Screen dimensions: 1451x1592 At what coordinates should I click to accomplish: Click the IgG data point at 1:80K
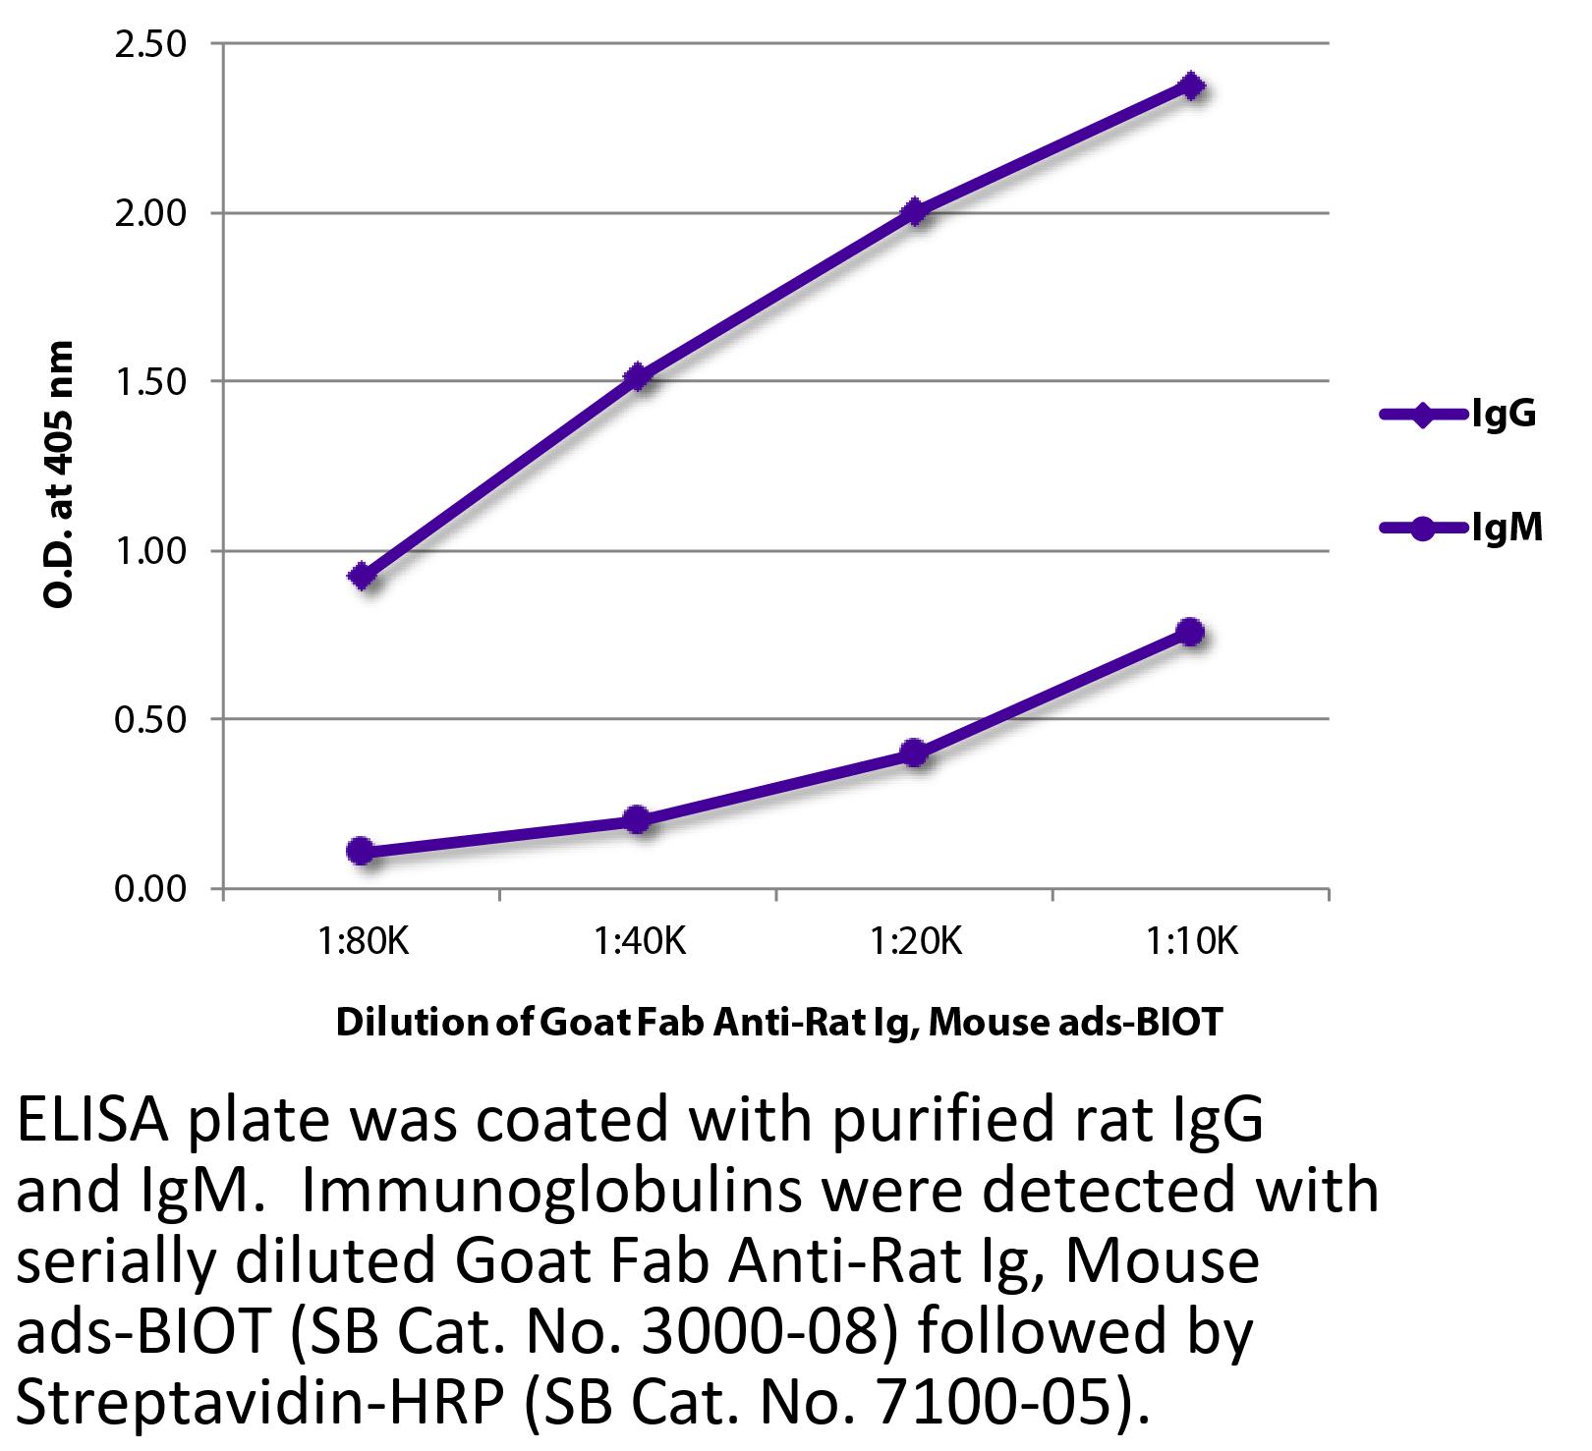[x=362, y=576]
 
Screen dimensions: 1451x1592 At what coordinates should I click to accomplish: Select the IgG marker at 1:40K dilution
[x=638, y=376]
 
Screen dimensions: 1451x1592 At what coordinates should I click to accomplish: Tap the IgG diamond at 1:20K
[x=915, y=211]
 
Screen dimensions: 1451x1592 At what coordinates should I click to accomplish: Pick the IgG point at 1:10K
[x=1191, y=85]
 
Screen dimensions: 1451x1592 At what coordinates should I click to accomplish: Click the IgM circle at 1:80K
[x=361, y=851]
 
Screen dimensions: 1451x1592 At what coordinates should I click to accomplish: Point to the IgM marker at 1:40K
[x=637, y=819]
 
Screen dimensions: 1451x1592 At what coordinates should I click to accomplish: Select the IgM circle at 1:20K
[x=914, y=753]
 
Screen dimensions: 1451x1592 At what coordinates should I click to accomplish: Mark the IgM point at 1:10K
[x=1190, y=632]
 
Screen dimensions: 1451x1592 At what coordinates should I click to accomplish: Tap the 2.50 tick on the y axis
[x=150, y=45]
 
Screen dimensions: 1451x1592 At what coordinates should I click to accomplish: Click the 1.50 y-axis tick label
[x=150, y=382]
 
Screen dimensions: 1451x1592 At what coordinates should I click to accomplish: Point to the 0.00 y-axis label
[x=150, y=889]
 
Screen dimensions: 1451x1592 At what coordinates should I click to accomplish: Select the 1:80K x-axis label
[x=362, y=942]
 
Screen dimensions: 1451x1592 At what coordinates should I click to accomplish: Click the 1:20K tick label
[x=915, y=942]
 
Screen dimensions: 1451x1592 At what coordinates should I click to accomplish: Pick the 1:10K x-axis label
[x=1191, y=942]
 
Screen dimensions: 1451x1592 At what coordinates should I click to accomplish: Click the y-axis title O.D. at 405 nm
[x=60, y=474]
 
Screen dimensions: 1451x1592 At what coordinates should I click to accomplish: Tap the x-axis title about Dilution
[x=778, y=1023]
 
